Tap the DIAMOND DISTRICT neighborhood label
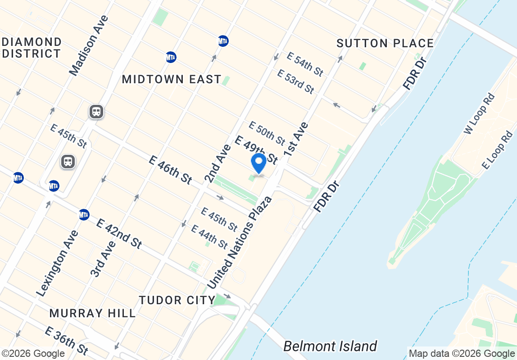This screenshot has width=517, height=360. [x=32, y=48]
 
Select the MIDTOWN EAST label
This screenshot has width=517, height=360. [x=172, y=80]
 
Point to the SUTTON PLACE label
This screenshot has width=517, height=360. [x=385, y=43]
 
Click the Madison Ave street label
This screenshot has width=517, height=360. [x=89, y=45]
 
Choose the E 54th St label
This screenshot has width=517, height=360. [x=305, y=64]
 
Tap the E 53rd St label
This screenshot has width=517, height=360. [x=295, y=81]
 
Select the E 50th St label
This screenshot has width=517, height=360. [x=267, y=134]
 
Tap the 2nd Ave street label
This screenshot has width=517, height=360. [x=218, y=163]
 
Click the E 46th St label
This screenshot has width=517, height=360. [x=170, y=169]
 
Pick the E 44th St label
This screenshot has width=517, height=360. [x=209, y=237]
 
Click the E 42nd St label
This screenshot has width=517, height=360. [x=119, y=233]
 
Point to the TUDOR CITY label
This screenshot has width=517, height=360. [x=177, y=300]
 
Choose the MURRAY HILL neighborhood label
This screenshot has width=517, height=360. [x=92, y=313]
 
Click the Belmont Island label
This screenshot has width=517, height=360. [x=330, y=346]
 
